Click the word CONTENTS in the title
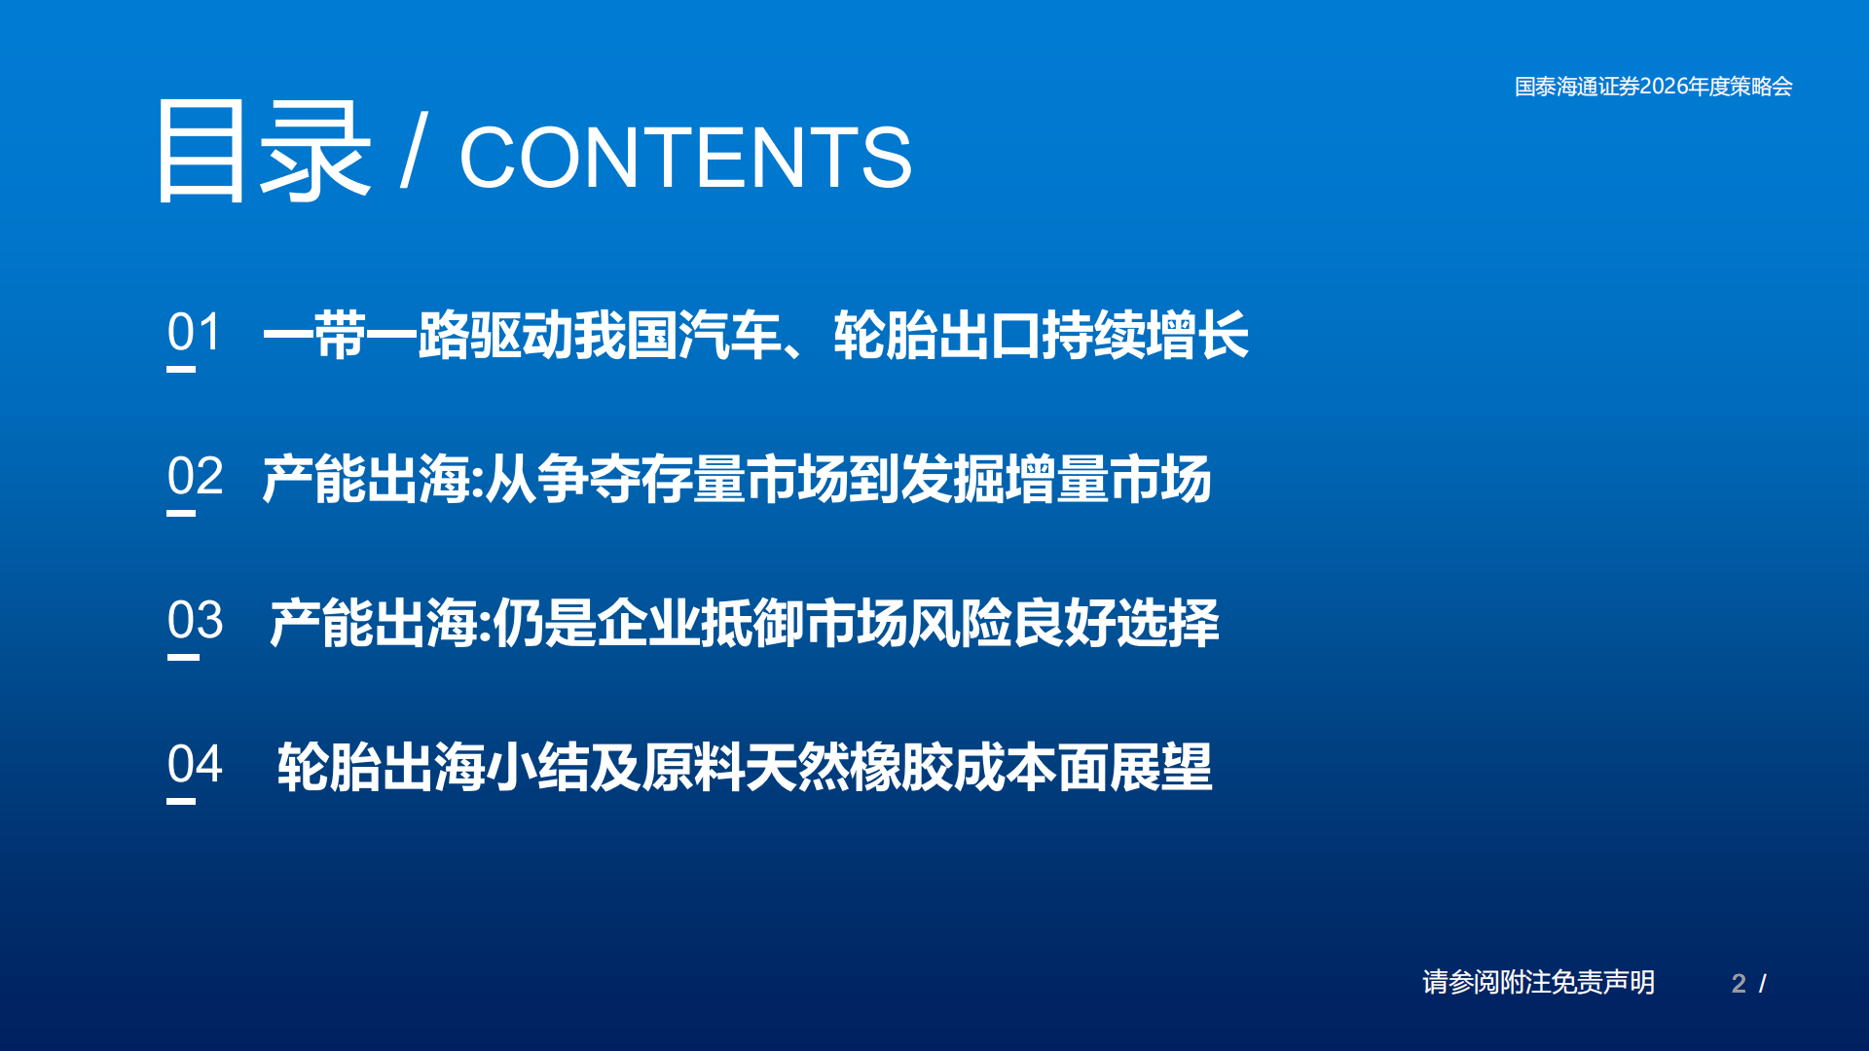tap(685, 158)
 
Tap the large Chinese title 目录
tap(263, 152)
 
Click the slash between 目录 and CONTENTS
tap(414, 151)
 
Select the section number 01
tap(195, 332)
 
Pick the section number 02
tap(195, 476)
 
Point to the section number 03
tap(195, 620)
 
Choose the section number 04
tap(195, 764)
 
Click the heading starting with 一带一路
tap(755, 335)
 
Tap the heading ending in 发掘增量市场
tap(737, 479)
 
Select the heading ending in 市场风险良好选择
tap(745, 623)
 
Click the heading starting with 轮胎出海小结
tap(745, 767)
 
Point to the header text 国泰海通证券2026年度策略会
tap(1653, 87)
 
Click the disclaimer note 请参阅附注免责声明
tap(1538, 982)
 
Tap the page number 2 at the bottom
tap(1739, 984)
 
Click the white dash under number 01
tap(181, 369)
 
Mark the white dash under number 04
tap(181, 801)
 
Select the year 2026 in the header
tap(1664, 87)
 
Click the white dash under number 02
tap(181, 513)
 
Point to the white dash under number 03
tap(183, 657)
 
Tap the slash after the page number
tap(1763, 984)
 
